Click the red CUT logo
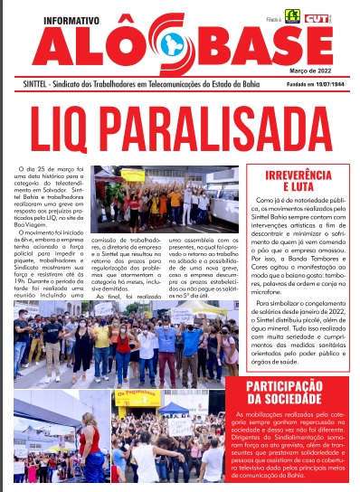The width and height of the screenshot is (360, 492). coord(318,15)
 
